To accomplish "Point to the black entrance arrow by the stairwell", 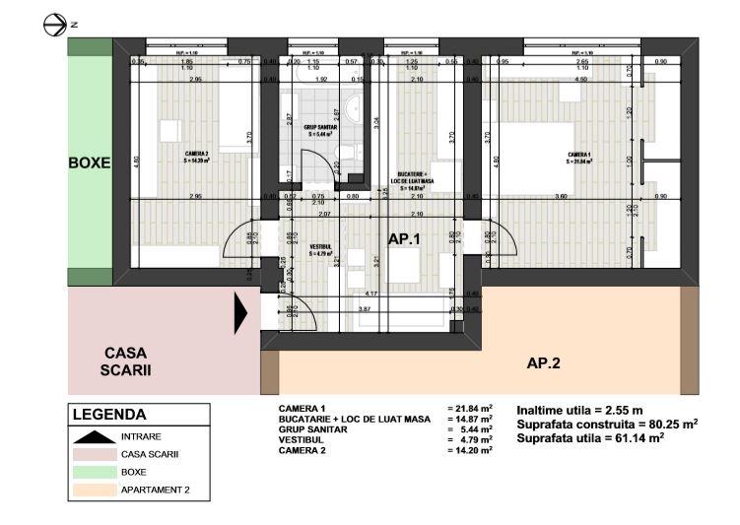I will click(239, 314).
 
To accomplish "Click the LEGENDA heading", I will click(109, 416).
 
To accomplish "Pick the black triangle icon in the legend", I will click(93, 435).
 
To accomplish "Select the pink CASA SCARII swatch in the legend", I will click(93, 454).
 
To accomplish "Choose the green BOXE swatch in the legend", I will click(93, 472).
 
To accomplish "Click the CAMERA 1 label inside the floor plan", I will click(578, 155).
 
